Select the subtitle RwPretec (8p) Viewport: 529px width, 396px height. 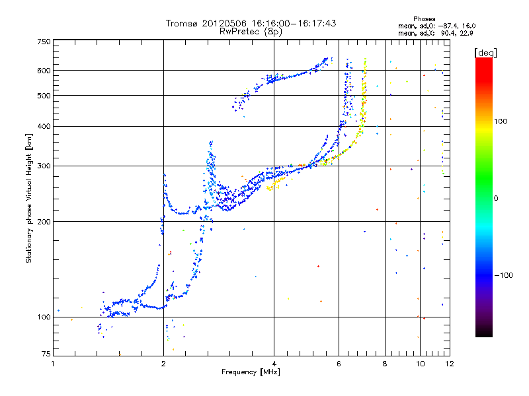click(x=251, y=32)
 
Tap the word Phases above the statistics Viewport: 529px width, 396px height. click(x=425, y=19)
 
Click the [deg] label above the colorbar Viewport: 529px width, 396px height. click(x=485, y=53)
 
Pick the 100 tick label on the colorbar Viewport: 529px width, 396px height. click(x=501, y=121)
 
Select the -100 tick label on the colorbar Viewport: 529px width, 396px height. click(x=503, y=275)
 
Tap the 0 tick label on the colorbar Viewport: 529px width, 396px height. click(x=496, y=199)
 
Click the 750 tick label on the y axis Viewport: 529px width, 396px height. click(x=44, y=42)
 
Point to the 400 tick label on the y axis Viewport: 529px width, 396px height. click(x=44, y=126)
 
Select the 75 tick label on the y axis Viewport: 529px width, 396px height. click(x=46, y=354)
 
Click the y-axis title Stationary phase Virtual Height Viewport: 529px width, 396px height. click(x=28, y=199)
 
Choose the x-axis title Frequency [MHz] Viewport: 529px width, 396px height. click(x=251, y=372)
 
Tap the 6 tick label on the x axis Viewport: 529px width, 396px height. click(x=339, y=364)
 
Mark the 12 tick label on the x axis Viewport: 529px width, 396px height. click(x=450, y=364)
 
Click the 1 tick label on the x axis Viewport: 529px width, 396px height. click(x=53, y=364)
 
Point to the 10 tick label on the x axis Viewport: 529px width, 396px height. click(x=420, y=364)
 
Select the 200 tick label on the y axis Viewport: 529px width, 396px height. click(x=44, y=222)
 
